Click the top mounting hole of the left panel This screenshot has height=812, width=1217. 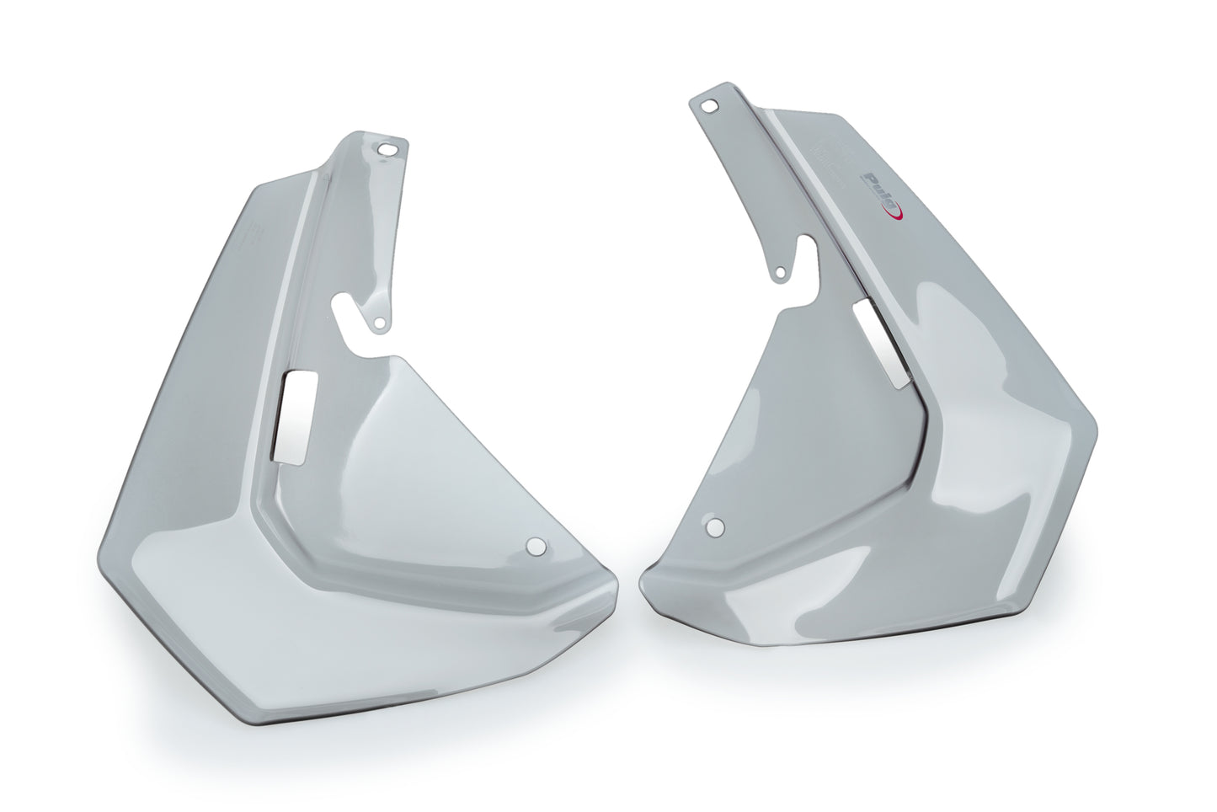pyautogui.click(x=389, y=150)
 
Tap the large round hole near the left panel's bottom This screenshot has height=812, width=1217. pyautogui.click(x=534, y=547)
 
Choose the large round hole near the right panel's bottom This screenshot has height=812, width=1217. pyautogui.click(x=714, y=527)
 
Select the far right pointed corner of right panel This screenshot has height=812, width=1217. pyautogui.click(x=1097, y=419)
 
